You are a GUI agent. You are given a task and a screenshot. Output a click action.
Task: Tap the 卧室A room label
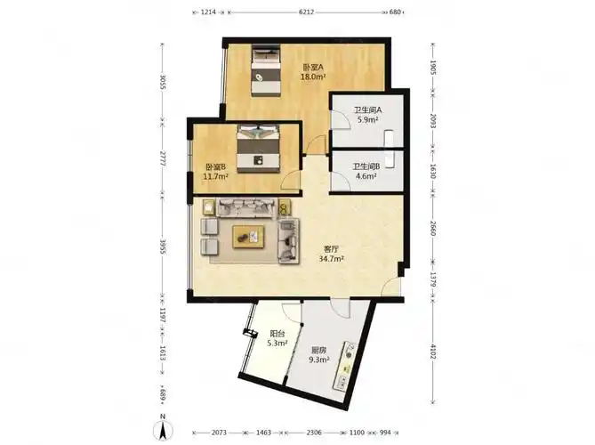click(x=313, y=68)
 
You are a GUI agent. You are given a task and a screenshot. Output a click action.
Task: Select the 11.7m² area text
click(x=215, y=176)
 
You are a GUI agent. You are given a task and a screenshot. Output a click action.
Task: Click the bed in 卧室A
click(x=266, y=70)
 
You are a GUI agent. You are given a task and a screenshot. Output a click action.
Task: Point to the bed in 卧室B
click(x=259, y=149)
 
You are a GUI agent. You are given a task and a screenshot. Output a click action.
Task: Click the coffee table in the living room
click(x=248, y=237)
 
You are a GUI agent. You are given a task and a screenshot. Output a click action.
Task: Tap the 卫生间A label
click(x=367, y=110)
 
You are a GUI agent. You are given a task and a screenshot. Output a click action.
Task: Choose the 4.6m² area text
click(x=366, y=176)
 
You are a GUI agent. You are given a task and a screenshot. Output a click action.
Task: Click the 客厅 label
click(x=331, y=249)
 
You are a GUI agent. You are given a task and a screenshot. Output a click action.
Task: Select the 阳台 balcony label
click(x=277, y=334)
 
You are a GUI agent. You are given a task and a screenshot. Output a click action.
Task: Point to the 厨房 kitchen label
click(x=318, y=350)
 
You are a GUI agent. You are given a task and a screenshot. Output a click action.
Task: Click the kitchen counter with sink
click(x=346, y=367)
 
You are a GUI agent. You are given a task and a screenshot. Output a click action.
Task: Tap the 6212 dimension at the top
click(x=307, y=12)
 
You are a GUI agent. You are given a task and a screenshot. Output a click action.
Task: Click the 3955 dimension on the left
click(x=163, y=247)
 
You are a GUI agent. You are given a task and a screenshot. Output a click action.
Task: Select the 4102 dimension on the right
click(x=432, y=352)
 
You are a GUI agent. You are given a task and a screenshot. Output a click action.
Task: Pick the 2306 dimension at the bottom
click(x=314, y=433)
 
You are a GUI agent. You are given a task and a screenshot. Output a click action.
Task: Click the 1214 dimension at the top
click(x=208, y=12)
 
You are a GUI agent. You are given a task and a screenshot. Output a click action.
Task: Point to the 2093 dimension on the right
click(x=432, y=121)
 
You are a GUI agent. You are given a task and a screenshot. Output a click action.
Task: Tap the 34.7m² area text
click(x=331, y=259)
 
